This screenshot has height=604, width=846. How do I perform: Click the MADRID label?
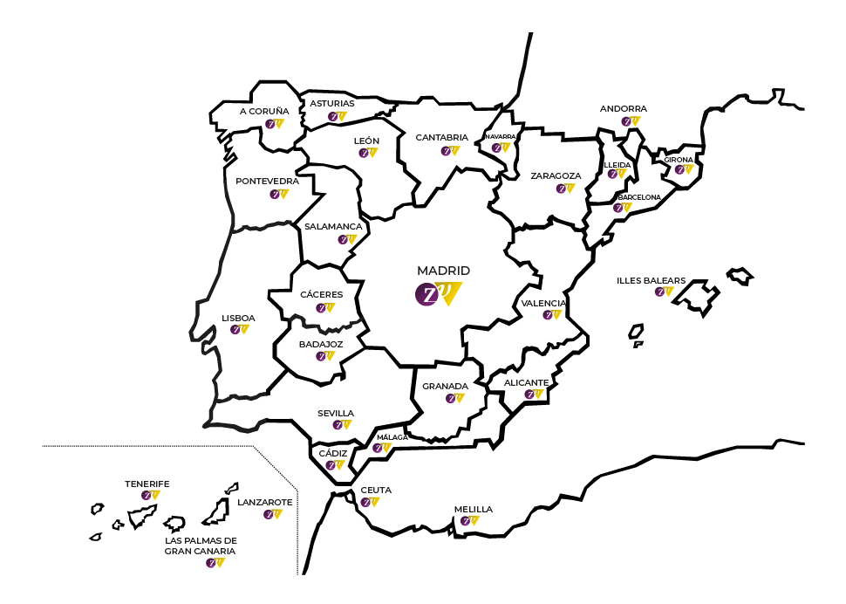[x=443, y=271]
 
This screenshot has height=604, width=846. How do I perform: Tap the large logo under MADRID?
[x=437, y=294]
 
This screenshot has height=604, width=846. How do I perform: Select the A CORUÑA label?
[x=264, y=111]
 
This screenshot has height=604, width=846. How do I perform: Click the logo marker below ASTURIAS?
[x=337, y=116]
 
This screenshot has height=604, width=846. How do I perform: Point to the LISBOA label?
[x=238, y=318]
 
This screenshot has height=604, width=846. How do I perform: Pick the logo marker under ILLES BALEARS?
[x=665, y=292]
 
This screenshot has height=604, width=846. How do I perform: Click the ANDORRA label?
[x=624, y=109]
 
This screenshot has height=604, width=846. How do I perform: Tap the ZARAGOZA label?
[x=556, y=175]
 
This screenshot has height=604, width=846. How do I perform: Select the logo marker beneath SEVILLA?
[x=342, y=425]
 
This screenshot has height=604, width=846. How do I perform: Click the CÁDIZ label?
[x=333, y=453]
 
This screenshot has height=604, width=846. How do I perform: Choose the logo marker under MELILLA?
[x=469, y=521]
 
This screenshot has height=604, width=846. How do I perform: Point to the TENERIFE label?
[x=147, y=484]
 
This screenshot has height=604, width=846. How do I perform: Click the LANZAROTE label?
[x=265, y=502]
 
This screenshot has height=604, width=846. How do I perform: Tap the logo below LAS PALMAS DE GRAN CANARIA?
[x=215, y=563]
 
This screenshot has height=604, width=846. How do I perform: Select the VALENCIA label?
[x=543, y=303]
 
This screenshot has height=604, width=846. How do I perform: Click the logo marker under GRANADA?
[x=454, y=398]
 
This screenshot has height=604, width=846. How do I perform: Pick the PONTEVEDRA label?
[x=267, y=182]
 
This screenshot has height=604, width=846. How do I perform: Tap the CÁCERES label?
[x=321, y=294]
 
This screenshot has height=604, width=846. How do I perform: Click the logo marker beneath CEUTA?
[x=370, y=502]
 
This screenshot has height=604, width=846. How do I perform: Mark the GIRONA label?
[x=679, y=160]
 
